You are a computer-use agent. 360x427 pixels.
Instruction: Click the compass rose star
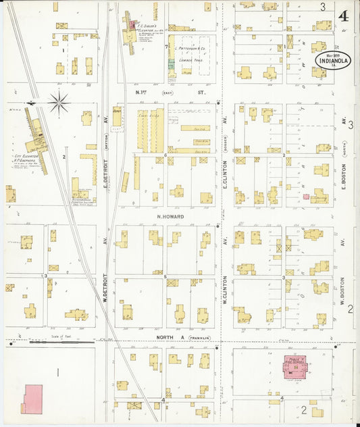pos(59,103)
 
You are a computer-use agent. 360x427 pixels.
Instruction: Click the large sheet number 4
pos(345,14)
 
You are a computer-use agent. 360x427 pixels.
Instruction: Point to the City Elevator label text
pos(24,156)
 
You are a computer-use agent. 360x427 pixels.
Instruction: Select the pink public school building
pos(295,368)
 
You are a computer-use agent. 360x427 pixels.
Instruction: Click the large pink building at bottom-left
pos(32,399)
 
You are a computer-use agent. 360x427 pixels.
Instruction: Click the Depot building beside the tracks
pos(117,118)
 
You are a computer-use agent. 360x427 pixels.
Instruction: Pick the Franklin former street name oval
pos(200,337)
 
